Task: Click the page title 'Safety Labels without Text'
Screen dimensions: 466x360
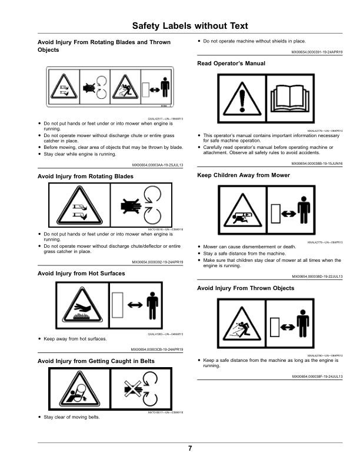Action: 189,26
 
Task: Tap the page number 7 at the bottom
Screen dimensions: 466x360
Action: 190,449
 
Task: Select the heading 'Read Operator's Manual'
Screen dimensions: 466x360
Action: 231,63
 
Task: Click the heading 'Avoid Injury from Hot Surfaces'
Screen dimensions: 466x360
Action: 81,274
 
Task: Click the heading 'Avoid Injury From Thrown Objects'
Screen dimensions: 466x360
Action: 245,288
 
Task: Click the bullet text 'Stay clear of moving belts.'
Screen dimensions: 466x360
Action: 72,417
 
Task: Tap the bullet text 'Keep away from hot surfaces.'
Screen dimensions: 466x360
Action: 74,338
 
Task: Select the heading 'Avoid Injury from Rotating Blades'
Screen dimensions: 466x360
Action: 85,176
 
